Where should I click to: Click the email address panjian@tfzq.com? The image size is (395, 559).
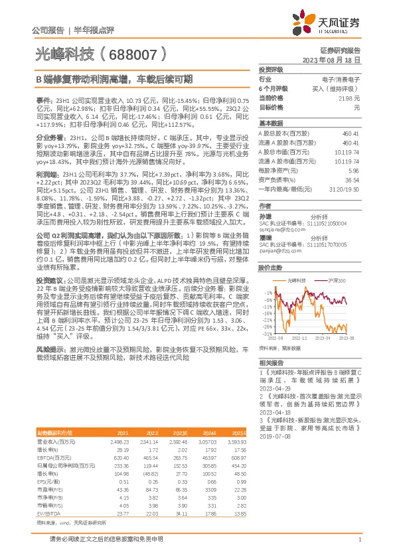click(x=279, y=252)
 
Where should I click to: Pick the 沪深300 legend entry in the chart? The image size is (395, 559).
click(x=337, y=283)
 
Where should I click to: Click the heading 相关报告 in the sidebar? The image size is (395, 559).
click(x=272, y=362)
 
